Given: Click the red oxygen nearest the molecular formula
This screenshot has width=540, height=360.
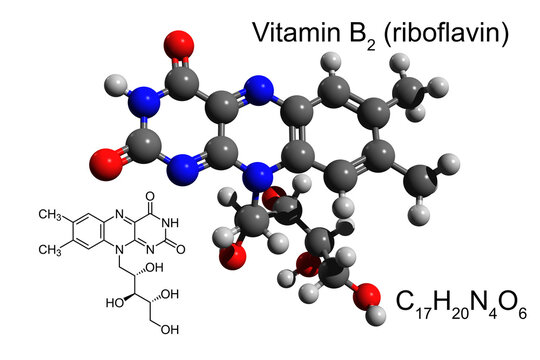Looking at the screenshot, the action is point(369,296).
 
